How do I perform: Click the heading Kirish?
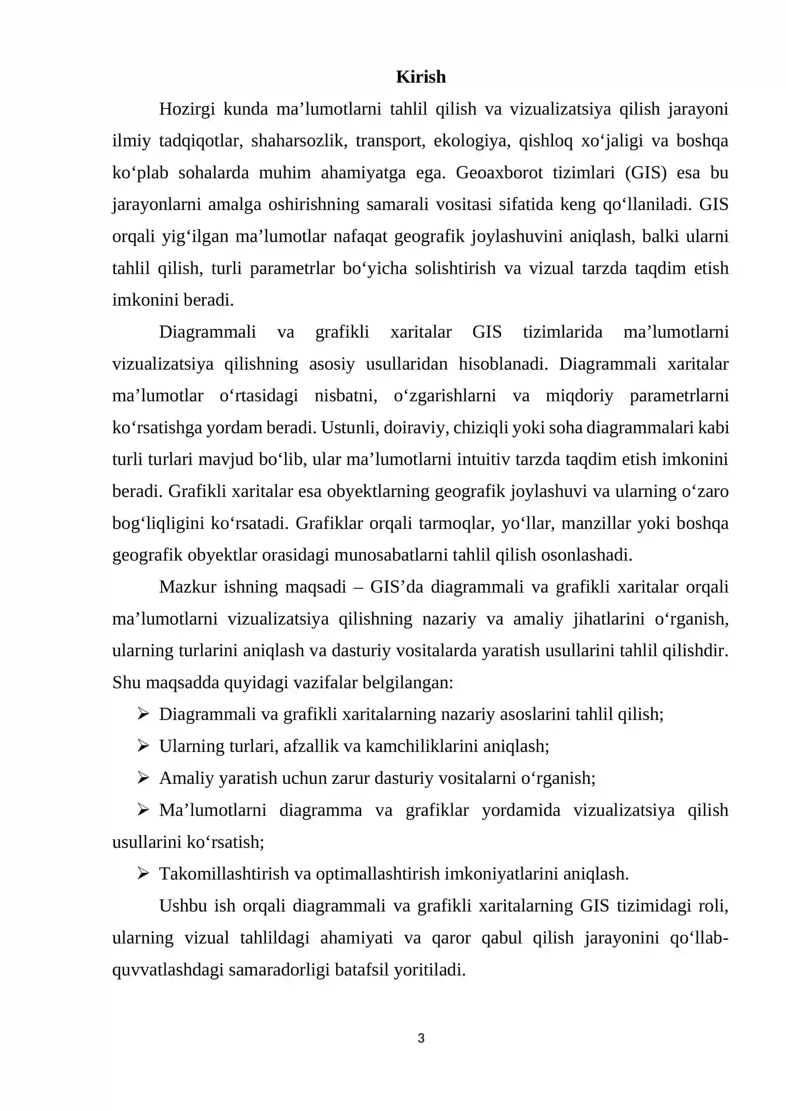tap(421, 77)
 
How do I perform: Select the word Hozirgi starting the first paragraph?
tap(187, 109)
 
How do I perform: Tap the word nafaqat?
tap(357, 237)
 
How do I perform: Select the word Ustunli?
tap(349, 428)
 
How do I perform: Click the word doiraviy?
tap(416, 428)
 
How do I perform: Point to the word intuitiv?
tap(484, 460)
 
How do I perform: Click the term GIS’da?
tap(396, 587)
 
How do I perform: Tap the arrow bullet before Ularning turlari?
tap(143, 747)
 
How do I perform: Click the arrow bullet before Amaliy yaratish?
tap(143, 778)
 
